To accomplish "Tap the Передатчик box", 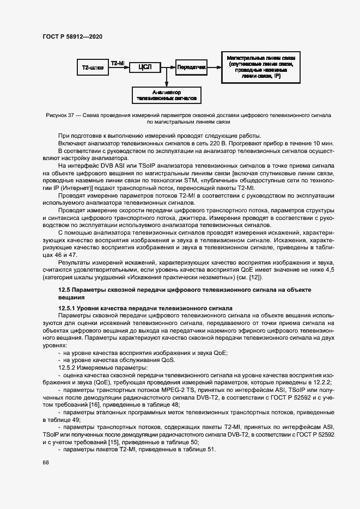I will [191, 68].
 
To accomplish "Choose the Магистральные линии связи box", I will [261, 68].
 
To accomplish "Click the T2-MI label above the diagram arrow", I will [118, 63].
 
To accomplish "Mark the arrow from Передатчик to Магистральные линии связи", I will [214, 68].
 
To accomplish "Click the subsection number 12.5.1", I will [68, 308].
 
